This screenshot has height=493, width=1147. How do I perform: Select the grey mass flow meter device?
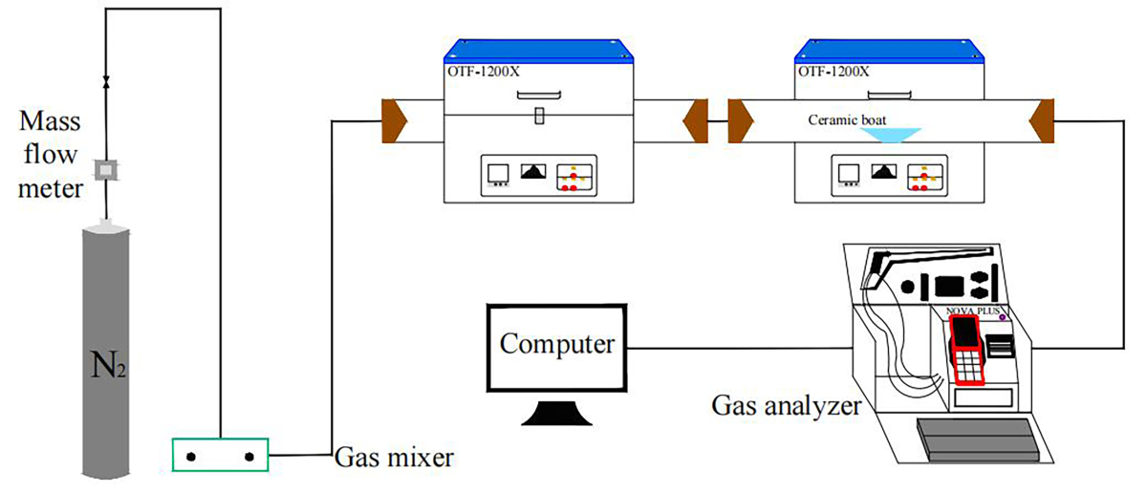pos(106,169)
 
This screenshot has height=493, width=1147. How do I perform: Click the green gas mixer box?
pos(220,456)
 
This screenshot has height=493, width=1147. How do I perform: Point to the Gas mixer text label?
pos(393,456)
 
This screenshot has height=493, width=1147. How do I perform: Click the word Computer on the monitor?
pos(557,343)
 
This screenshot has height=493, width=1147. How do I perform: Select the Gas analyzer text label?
pos(787,406)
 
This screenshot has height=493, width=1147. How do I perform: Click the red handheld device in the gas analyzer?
pos(968,349)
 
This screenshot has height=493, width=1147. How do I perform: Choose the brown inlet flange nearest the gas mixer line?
pos(395,122)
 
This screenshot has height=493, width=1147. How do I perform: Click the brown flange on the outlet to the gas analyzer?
pos(1042,122)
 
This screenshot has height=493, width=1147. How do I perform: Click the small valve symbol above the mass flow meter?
pos(106,78)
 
